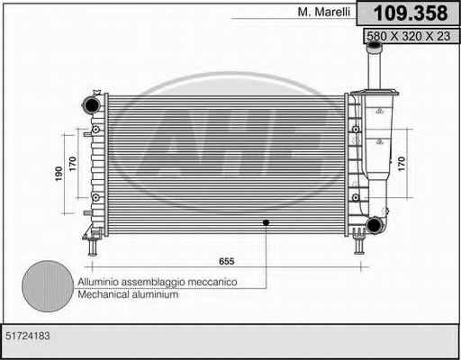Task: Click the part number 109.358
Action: (411, 13)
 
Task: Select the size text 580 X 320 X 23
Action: (409, 36)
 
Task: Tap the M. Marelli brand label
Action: (324, 12)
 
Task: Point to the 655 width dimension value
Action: (227, 261)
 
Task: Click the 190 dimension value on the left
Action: (59, 174)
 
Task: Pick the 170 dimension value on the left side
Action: (73, 164)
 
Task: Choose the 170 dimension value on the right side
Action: (402, 164)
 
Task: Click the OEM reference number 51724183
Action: (28, 336)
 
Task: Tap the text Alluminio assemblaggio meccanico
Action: (158, 282)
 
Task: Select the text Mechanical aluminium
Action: (128, 294)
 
